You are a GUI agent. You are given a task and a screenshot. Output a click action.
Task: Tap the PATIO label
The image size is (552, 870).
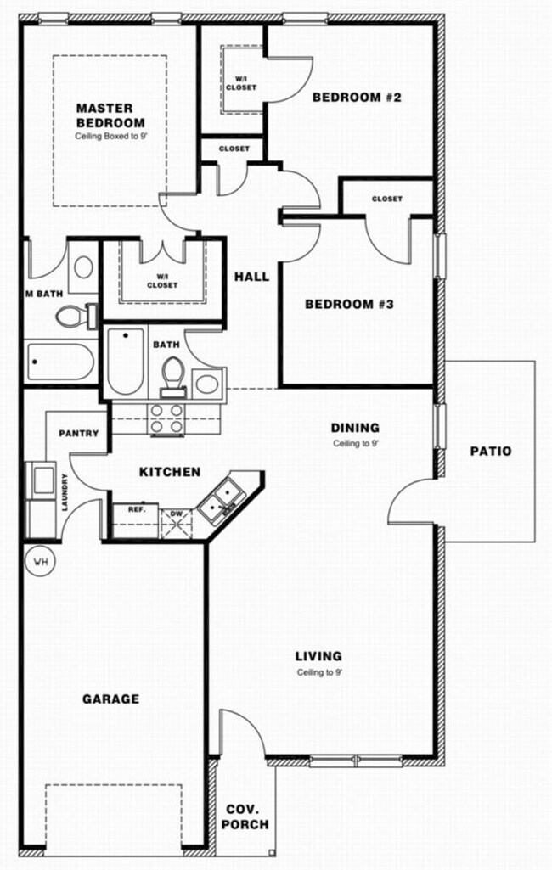pyautogui.click(x=491, y=451)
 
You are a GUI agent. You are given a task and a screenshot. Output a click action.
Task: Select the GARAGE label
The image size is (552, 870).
pyautogui.click(x=110, y=699)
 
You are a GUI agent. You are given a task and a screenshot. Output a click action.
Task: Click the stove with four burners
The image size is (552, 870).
pyautogui.click(x=166, y=418)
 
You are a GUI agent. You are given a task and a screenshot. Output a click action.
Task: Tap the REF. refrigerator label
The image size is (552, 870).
pyautogui.click(x=137, y=510)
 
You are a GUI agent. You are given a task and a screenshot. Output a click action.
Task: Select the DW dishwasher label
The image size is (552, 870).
pyautogui.click(x=177, y=513)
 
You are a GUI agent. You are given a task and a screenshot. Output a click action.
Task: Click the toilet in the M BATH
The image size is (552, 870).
pyautogui.click(x=73, y=317)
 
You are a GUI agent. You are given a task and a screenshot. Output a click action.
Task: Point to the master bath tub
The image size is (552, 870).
pyautogui.click(x=59, y=362)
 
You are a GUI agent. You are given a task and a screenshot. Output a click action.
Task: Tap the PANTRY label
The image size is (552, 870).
pyautogui.click(x=79, y=433)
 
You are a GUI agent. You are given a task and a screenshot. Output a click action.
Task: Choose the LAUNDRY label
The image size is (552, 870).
pyautogui.click(x=64, y=492)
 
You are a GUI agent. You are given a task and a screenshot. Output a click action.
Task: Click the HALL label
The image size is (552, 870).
pyautogui.click(x=252, y=277)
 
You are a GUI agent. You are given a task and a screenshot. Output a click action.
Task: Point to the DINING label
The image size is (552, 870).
pyautogui.click(x=355, y=428)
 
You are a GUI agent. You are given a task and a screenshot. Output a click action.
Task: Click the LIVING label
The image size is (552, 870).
pyautogui.click(x=318, y=655)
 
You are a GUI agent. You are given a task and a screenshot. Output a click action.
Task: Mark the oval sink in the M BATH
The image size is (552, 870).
pyautogui.click(x=83, y=267)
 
